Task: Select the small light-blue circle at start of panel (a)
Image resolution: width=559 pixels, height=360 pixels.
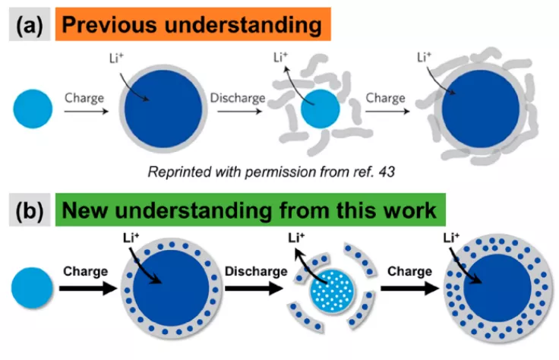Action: pos(33,109)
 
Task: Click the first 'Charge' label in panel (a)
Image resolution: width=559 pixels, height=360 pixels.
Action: pos(84,98)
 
